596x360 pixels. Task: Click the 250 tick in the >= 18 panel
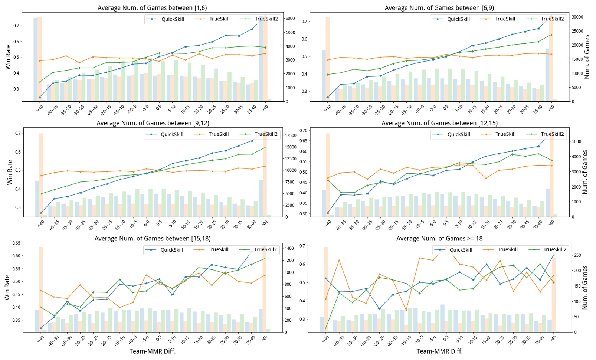click(x=578, y=256)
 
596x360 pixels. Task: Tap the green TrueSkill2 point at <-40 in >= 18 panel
click(x=326, y=328)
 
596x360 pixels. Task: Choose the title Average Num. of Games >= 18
click(x=439, y=239)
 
